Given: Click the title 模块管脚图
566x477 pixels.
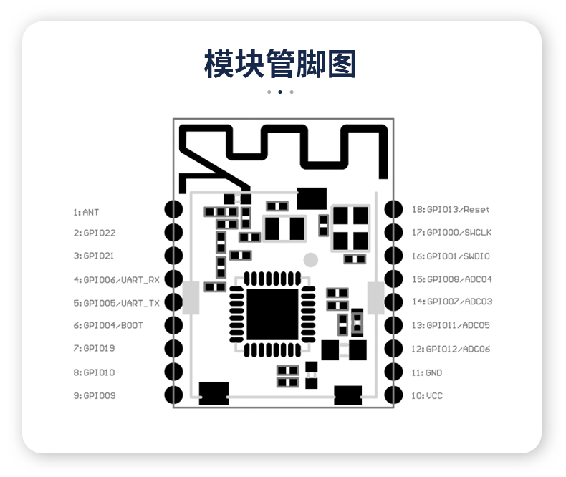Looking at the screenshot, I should pyautogui.click(x=280, y=64).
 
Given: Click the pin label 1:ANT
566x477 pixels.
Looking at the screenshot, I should pyautogui.click(x=86, y=212).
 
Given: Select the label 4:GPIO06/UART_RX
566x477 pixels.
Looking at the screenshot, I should pyautogui.click(x=117, y=279).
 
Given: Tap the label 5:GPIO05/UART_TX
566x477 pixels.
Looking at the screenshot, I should pyautogui.click(x=117, y=302).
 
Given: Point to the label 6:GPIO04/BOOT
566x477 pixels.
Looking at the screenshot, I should pyautogui.click(x=108, y=325).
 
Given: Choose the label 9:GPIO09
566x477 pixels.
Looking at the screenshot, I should pyautogui.click(x=94, y=395).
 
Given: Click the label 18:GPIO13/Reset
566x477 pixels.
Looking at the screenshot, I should pyautogui.click(x=451, y=209).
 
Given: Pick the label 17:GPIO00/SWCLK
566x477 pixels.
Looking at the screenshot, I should pyautogui.click(x=451, y=232).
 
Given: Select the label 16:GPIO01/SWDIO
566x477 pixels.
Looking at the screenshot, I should pyautogui.click(x=451, y=256).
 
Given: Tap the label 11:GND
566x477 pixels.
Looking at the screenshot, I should pyautogui.click(x=426, y=372).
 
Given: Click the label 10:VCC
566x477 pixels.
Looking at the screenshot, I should pyautogui.click(x=426, y=395).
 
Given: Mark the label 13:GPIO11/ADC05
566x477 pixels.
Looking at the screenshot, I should pyautogui.click(x=451, y=325).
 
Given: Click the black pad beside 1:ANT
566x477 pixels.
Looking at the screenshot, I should pyautogui.click(x=173, y=209).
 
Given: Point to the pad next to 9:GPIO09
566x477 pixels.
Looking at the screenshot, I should pyautogui.click(x=173, y=395).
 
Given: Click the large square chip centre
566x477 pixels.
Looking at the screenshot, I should pyautogui.click(x=272, y=315).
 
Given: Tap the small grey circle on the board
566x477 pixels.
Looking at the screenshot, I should pyautogui.click(x=310, y=259).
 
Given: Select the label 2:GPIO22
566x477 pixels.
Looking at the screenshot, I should pyautogui.click(x=94, y=233).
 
